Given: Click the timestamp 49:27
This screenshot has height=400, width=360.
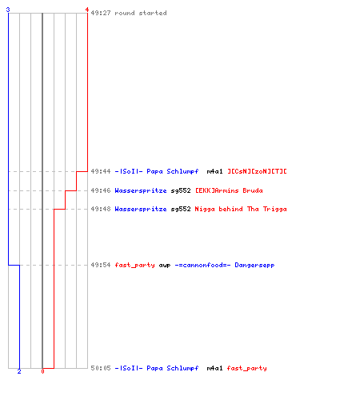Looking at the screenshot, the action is point(101,13).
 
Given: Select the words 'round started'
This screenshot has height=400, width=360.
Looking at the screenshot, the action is point(141,13).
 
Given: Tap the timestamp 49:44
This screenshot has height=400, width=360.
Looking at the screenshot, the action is point(101,171).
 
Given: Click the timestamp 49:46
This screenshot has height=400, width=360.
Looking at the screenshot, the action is point(101,190).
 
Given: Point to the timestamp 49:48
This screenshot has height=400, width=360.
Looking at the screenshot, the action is point(101,209).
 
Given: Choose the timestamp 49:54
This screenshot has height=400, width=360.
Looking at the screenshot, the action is point(101,265).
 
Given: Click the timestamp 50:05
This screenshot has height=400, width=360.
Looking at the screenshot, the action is point(101,368).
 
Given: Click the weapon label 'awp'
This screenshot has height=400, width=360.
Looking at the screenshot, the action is point(165,266).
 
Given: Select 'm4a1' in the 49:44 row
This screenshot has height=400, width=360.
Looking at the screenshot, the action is point(214,171).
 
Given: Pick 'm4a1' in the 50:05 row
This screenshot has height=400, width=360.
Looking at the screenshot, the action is point(214,368).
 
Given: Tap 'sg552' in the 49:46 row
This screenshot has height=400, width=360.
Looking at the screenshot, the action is point(181,190).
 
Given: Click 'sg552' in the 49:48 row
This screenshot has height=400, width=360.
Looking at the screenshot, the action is point(181,209).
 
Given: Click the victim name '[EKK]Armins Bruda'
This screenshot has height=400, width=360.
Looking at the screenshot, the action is point(229,190).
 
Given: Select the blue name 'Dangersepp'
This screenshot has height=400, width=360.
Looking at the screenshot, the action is point(254,265).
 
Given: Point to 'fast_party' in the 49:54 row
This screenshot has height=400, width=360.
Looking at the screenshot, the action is point(134,265).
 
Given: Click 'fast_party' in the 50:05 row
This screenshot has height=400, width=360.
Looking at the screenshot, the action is point(246,368).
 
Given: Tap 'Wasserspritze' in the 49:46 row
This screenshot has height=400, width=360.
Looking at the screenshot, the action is point(141,190).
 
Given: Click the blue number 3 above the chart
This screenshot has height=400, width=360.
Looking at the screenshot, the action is point(8,10).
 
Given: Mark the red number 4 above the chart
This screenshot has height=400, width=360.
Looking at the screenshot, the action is point(87,10).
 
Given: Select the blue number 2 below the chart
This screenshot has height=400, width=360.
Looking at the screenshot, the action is point(19,371).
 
